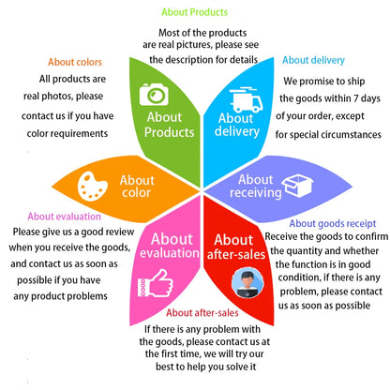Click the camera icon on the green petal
tap(154, 94)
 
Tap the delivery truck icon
tap(246, 99)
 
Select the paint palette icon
tap(92, 186)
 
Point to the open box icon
tap(297, 186)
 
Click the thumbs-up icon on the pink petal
tap(156, 283)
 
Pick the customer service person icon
tap(247, 283)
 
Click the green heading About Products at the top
tap(194, 12)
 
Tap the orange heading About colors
tap(75, 62)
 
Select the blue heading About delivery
tap(313, 60)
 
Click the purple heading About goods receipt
tap(333, 223)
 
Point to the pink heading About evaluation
tap(64, 217)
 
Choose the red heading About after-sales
tap(202, 312)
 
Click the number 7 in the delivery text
tap(355, 98)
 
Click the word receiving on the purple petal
tap(256, 193)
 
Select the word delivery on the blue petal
tap(237, 131)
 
